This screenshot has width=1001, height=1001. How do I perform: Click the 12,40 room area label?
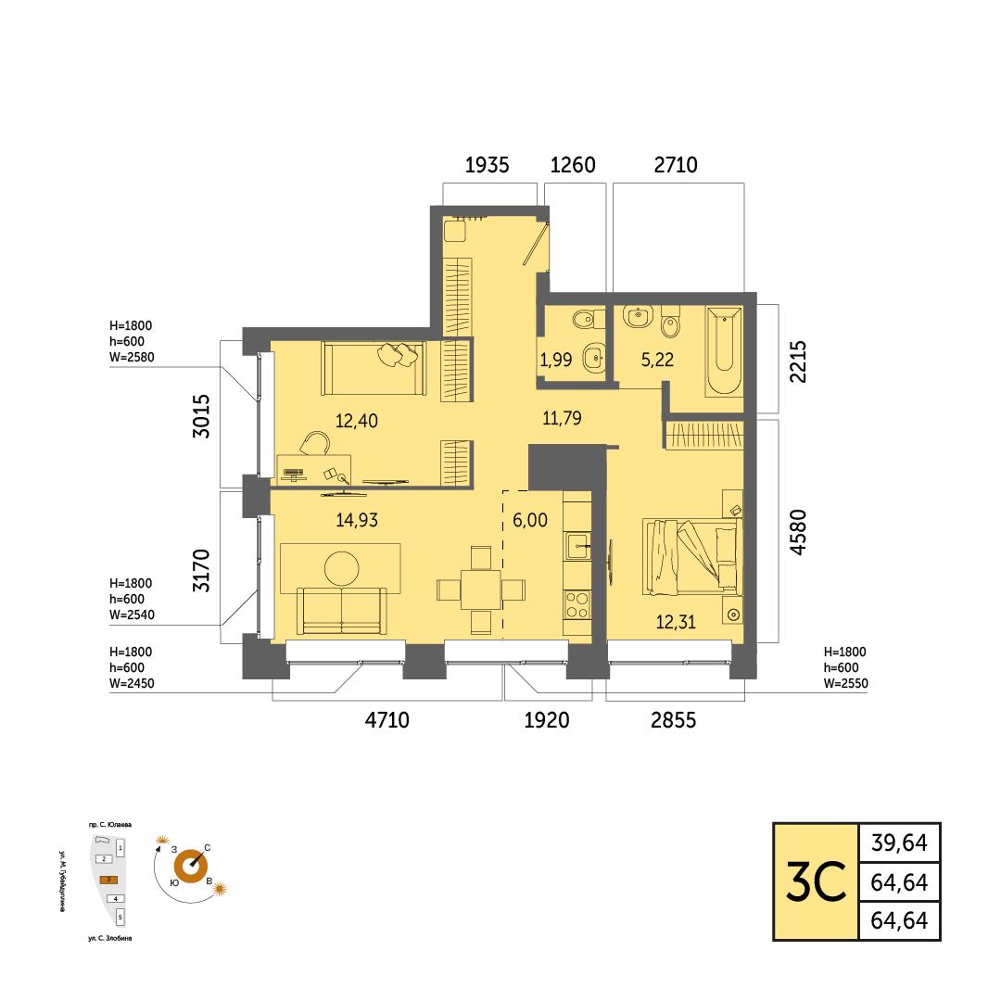coord(356,421)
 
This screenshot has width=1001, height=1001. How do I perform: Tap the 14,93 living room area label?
coord(357,520)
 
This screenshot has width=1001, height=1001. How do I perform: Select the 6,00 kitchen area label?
coord(530,520)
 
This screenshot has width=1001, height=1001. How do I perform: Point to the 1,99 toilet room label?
coord(555,360)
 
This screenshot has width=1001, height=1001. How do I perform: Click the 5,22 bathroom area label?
coord(657,360)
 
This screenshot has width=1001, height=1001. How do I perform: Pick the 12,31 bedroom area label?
coord(676,622)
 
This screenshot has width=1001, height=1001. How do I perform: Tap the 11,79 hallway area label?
coord(562,418)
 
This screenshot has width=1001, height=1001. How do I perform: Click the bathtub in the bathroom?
coord(724,350)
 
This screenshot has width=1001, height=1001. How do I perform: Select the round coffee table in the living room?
coord(341,568)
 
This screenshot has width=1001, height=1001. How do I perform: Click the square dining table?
coord(481,589)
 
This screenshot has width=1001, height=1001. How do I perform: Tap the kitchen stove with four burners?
coord(577,604)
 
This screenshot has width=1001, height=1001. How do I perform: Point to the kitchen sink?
coord(577,547)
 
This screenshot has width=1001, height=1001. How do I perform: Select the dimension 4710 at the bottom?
coord(386,720)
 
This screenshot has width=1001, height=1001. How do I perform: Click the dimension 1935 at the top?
coord(488,165)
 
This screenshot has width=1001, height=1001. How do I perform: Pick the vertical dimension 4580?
coord(798,532)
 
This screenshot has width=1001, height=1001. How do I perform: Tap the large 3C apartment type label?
coord(816,881)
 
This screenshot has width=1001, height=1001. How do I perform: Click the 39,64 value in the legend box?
coord(899,843)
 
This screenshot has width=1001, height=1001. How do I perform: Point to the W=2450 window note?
coord(132,683)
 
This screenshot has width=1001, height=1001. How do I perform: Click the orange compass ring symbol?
coord(191,867)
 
